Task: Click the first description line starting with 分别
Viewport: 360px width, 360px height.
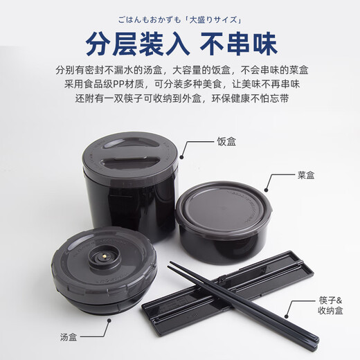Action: click(180, 71)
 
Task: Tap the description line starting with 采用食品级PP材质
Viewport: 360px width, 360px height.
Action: click(180, 85)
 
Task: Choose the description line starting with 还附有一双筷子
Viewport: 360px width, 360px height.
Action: click(180, 100)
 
